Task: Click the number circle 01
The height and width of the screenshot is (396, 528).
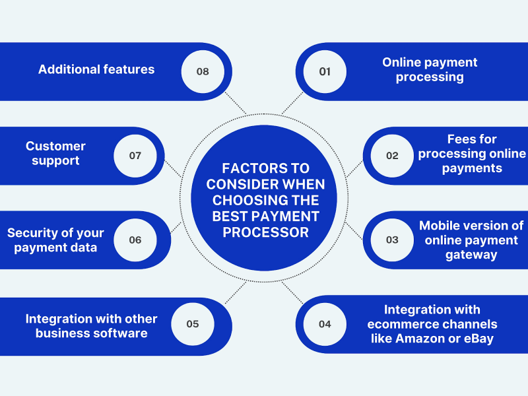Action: (325, 71)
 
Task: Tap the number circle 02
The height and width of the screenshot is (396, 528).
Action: (393, 156)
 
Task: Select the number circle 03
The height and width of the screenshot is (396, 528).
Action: (393, 240)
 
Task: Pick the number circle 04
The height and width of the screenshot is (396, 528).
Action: (325, 324)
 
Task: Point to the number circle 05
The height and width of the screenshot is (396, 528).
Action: (193, 324)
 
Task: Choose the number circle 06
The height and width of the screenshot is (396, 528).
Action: (135, 240)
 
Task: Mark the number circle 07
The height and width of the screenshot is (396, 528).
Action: (135, 156)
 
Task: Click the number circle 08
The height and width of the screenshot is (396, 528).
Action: (203, 71)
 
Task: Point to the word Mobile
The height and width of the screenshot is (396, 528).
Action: (441, 226)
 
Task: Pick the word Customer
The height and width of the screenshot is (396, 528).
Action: (55, 146)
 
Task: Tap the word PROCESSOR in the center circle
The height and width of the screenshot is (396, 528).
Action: (265, 232)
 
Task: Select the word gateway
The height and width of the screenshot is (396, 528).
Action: (471, 255)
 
